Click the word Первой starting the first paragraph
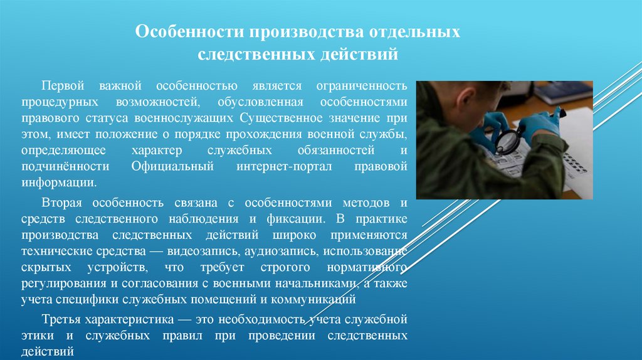pos(62,85)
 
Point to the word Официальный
pos(173,166)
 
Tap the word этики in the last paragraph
pos(36,336)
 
